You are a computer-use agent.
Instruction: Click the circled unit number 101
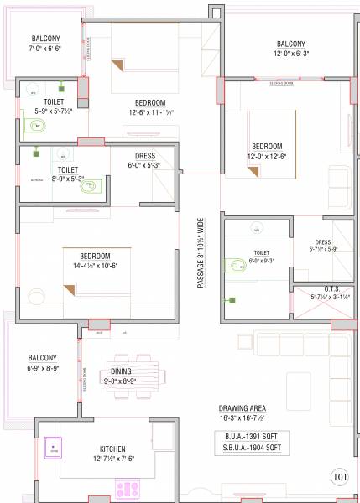[339, 477]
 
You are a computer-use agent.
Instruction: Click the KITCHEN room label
[112, 449]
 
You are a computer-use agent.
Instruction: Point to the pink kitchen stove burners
[129, 486]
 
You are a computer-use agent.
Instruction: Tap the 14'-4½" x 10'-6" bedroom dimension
[94, 266]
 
